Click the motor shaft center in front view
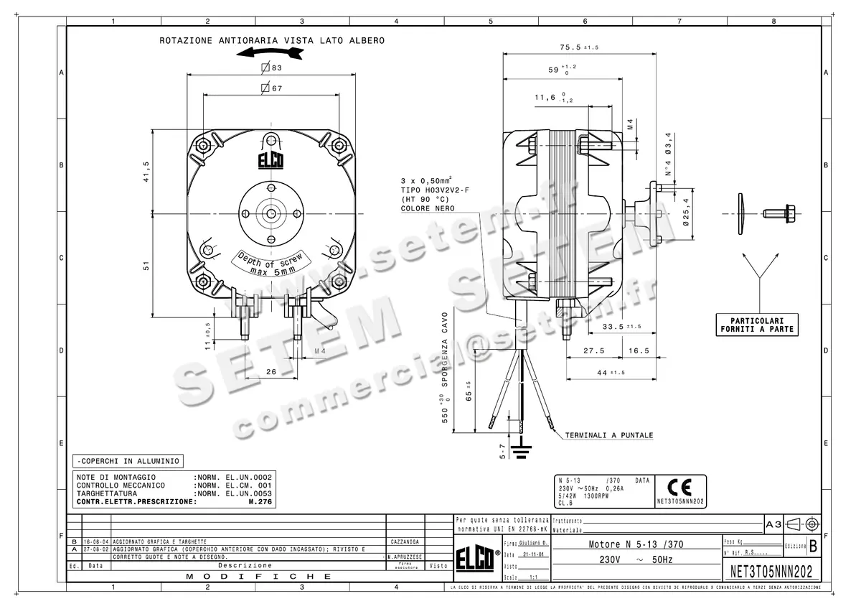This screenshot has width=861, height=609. pyautogui.click(x=271, y=213)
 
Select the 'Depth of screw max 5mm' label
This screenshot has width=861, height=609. pyautogui.click(x=271, y=264)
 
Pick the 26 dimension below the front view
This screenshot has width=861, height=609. pyautogui.click(x=270, y=371)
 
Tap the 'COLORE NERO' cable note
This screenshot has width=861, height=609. pyautogui.click(x=428, y=208)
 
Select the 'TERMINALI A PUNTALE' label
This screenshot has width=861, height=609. pyautogui.click(x=608, y=435)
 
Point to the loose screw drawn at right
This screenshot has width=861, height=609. pyautogui.click(x=775, y=213)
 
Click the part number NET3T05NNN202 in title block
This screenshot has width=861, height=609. pyautogui.click(x=770, y=573)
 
